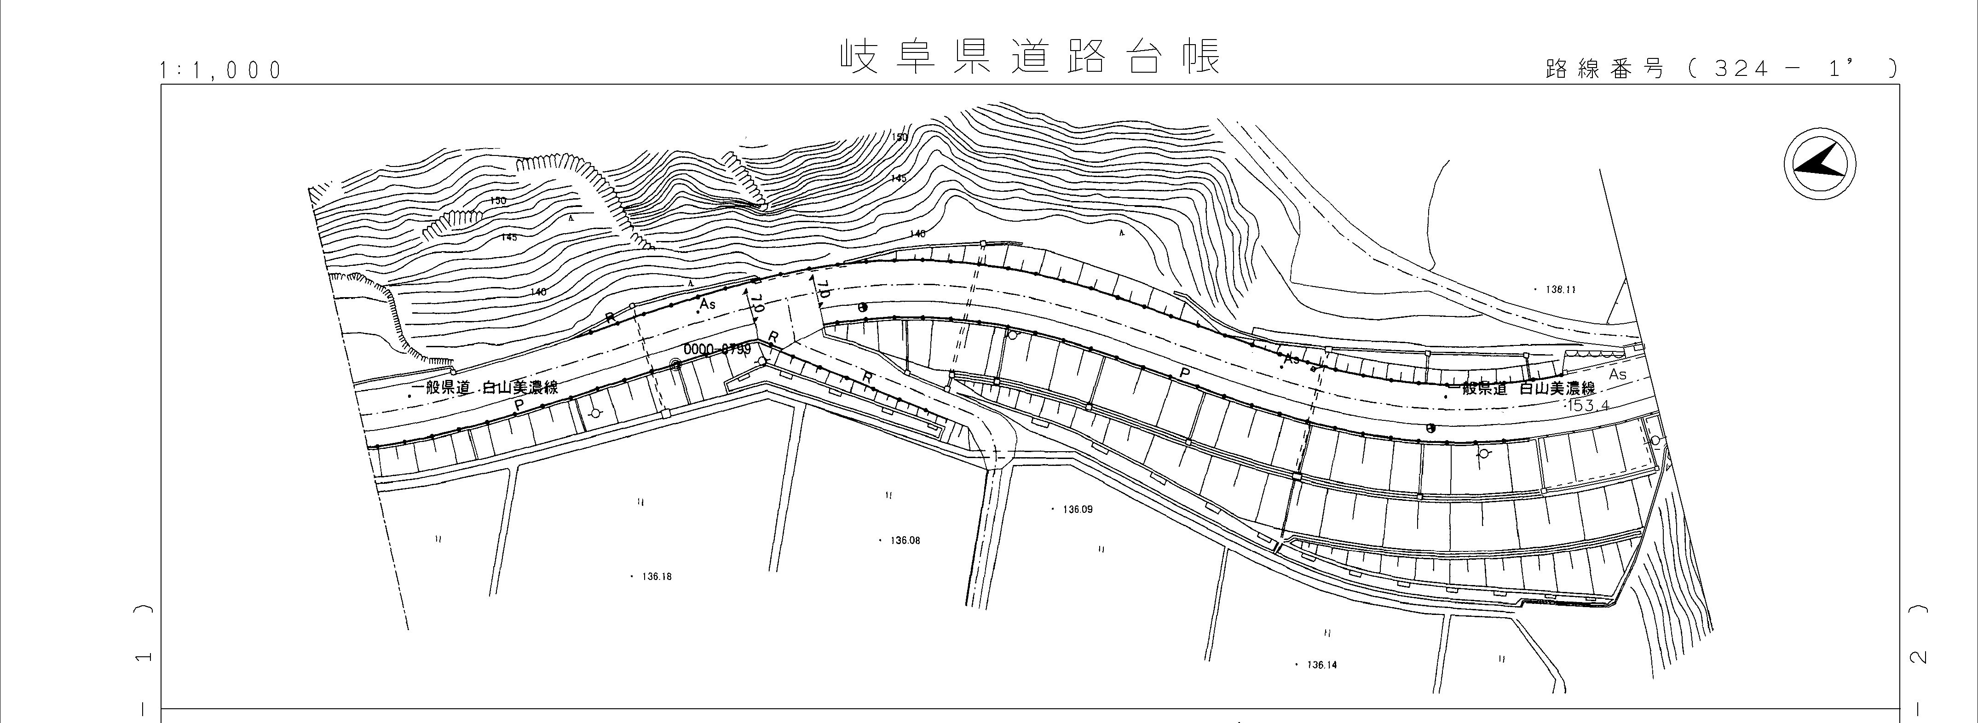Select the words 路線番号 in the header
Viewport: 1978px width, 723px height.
point(1605,69)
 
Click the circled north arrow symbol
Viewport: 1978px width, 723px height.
point(1819,165)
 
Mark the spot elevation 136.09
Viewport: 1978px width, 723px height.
point(1077,509)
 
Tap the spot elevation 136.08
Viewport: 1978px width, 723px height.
point(905,540)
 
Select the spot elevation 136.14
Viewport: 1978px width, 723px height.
point(1321,665)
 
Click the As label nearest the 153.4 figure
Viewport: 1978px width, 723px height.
point(1617,374)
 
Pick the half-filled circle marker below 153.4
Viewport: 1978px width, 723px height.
point(1430,428)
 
